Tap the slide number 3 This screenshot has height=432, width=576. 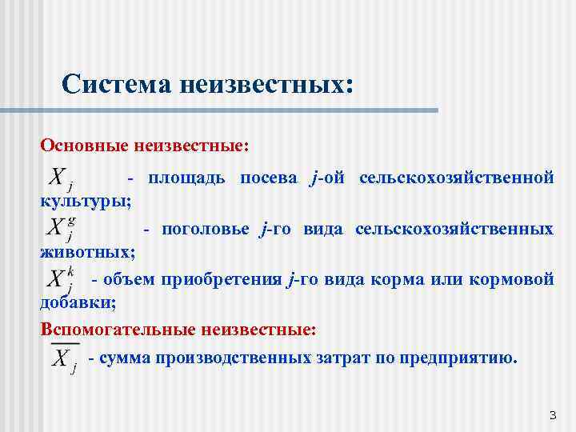[x=552, y=414]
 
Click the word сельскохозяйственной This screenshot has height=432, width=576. [x=456, y=178]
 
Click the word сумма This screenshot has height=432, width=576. [x=122, y=358]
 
